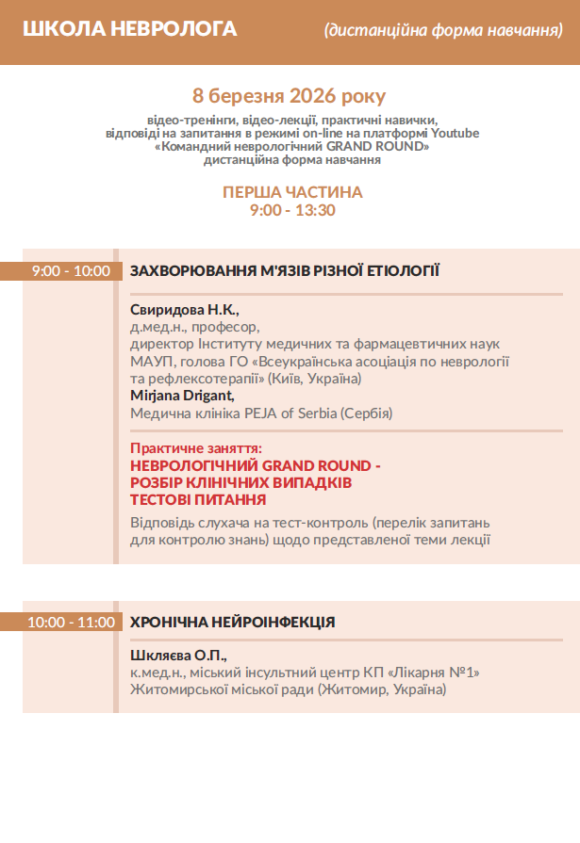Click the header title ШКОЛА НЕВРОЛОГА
pos(130,29)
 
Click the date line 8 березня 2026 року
pos(289,96)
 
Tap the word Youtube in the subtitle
pos(456,134)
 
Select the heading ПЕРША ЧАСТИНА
pos(292,192)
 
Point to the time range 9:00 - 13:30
pos(292,210)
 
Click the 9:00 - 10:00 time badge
pos(71,271)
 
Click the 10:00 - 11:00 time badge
pos(71,622)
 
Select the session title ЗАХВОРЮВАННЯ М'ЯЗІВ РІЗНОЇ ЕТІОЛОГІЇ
pos(285,271)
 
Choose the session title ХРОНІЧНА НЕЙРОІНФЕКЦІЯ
pos(232,622)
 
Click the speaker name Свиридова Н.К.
pos(185,310)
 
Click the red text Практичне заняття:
pos(196,448)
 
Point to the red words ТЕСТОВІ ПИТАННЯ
pos(198,499)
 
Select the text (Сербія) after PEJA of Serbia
pos(367,413)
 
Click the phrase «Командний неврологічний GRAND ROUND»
pos(292,147)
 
